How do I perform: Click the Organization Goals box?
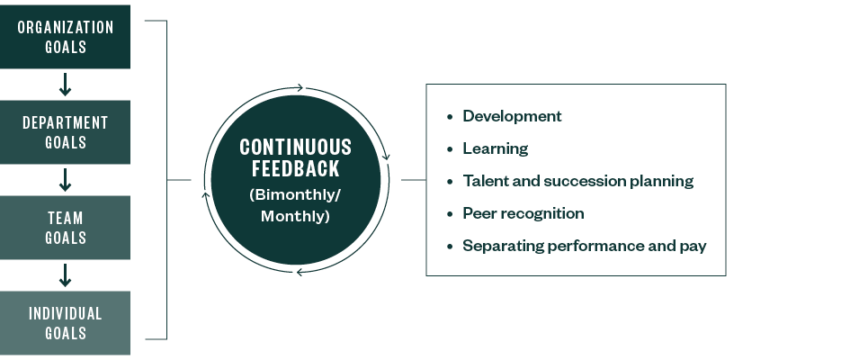[x=65, y=37]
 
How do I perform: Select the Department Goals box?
[x=65, y=132]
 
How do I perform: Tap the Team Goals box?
[x=65, y=228]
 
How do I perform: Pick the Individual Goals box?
[x=65, y=323]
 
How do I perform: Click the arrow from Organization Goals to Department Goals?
[x=65, y=85]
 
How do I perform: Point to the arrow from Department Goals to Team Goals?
[x=65, y=180]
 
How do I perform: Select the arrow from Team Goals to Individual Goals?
[x=65, y=275]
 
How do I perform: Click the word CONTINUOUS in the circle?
[x=295, y=148]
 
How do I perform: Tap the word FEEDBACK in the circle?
[x=295, y=168]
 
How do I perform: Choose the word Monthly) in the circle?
[x=295, y=216]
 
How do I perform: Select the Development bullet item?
[x=512, y=116]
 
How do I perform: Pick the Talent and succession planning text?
[x=577, y=181]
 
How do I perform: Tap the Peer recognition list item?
[x=523, y=213]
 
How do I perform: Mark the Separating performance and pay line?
[x=584, y=246]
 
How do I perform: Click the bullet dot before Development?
[x=450, y=117]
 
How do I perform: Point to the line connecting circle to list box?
[x=413, y=180]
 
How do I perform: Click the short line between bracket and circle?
[x=180, y=180]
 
